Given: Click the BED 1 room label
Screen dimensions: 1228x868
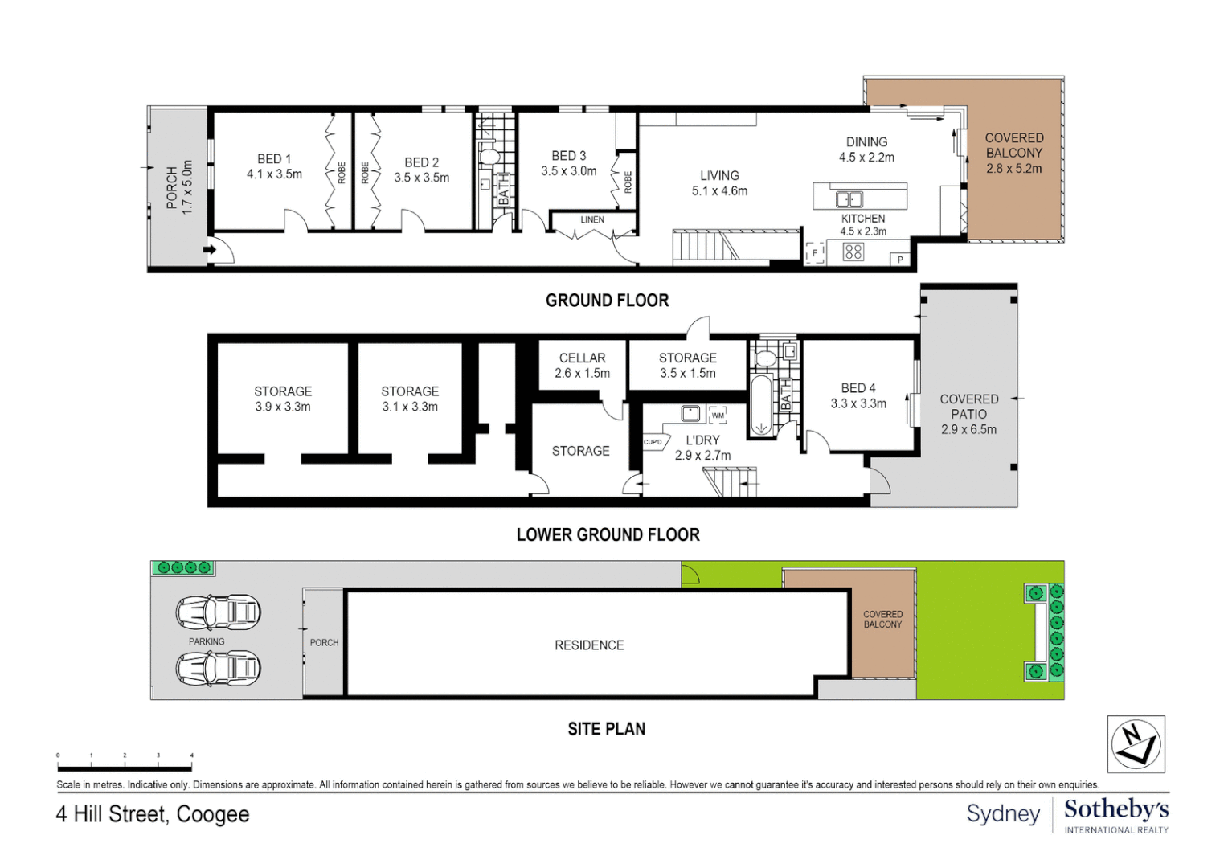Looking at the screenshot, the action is pyautogui.click(x=274, y=159).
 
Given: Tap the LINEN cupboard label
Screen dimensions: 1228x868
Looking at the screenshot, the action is pyautogui.click(x=592, y=220).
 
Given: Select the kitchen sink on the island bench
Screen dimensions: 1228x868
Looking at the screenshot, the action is pyautogui.click(x=849, y=199).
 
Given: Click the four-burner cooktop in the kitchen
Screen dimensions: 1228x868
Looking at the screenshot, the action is pyautogui.click(x=853, y=252).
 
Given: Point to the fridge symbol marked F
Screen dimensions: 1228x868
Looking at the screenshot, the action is pyautogui.click(x=815, y=253).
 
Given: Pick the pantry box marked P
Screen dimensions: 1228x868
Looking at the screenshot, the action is pyautogui.click(x=899, y=260).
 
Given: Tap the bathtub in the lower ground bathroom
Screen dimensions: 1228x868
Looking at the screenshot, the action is pyautogui.click(x=760, y=406).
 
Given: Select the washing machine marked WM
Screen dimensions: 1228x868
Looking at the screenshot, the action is pyautogui.click(x=718, y=415).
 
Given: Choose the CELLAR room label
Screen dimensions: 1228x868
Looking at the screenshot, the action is pyautogui.click(x=582, y=358).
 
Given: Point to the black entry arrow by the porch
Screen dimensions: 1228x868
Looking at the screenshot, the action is pyautogui.click(x=210, y=250).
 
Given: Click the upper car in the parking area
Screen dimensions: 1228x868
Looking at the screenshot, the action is pyautogui.click(x=218, y=612).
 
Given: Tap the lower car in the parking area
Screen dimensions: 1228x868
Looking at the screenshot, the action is pyautogui.click(x=218, y=668).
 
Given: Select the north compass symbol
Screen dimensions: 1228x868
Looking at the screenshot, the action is pyautogui.click(x=1136, y=744).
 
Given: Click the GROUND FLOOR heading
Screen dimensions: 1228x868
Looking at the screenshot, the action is pyautogui.click(x=608, y=301).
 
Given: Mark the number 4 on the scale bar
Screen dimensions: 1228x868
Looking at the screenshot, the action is pyautogui.click(x=192, y=755).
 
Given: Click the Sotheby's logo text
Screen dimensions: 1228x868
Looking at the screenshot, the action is pyautogui.click(x=1116, y=810).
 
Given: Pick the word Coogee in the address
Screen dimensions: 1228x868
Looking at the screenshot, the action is pyautogui.click(x=213, y=815).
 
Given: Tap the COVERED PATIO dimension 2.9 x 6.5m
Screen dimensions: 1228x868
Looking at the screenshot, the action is pyautogui.click(x=968, y=430).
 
